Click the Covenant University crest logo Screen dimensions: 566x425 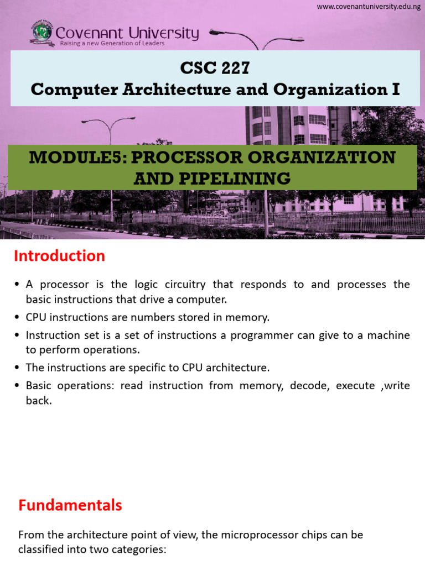coord(42,34)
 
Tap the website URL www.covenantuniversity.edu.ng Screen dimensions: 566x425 coord(369,6)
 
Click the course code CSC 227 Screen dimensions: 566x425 coord(215,69)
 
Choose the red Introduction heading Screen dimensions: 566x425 coord(59,256)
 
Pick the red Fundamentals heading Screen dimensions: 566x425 coord(70,505)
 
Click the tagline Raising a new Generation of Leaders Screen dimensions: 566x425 coord(112,44)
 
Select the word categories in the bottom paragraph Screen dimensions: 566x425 coord(142,550)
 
